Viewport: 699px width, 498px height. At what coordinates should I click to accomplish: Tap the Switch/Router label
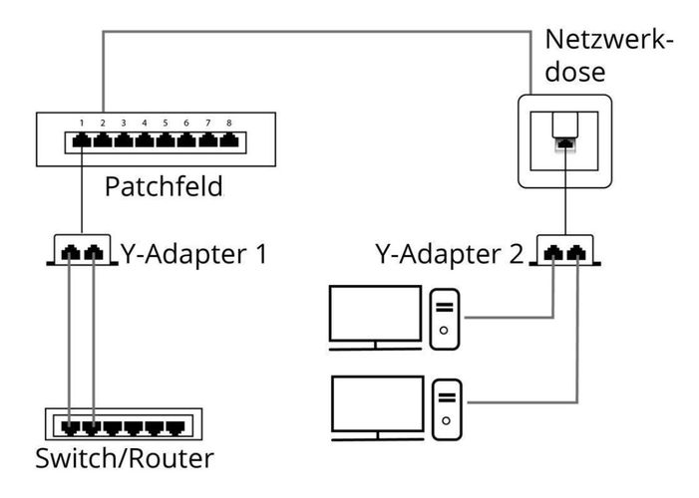tap(123, 459)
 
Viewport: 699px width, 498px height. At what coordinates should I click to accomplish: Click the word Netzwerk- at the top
tap(609, 42)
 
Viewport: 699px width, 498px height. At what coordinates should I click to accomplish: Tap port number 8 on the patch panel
tap(228, 142)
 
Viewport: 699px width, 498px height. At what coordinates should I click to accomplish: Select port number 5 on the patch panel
tap(166, 142)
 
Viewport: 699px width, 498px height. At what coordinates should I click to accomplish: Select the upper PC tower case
tap(446, 319)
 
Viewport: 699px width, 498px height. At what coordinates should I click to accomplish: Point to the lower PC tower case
tap(446, 408)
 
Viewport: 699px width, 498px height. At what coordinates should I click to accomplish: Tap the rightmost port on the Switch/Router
tap(175, 428)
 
